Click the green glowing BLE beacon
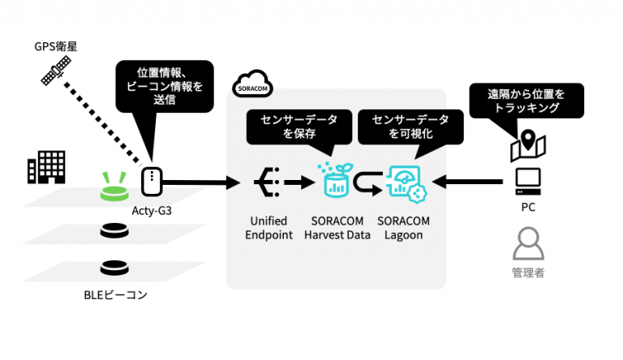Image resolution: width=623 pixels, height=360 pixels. (116, 188)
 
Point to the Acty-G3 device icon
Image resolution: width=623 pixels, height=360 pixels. (150, 182)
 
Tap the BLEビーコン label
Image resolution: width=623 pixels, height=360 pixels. (115, 295)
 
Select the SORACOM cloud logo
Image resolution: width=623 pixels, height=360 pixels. (252, 84)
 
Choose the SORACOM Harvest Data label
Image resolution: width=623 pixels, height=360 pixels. (335, 228)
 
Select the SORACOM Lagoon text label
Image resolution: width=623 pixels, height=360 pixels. (403, 228)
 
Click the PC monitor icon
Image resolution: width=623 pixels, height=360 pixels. (527, 180)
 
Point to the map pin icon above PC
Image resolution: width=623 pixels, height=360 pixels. (527, 144)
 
